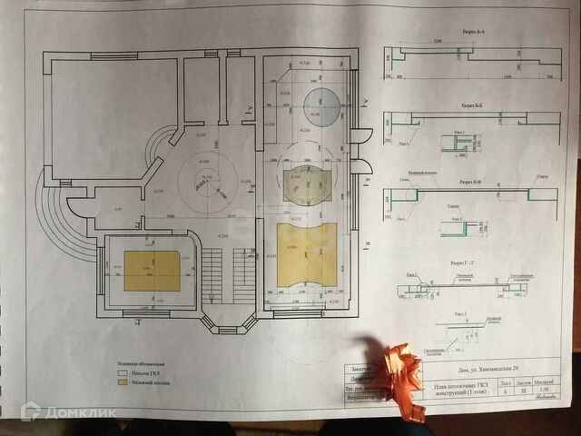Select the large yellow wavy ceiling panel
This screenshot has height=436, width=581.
coord(306,253)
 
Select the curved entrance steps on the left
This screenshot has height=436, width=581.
coord(58,223)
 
